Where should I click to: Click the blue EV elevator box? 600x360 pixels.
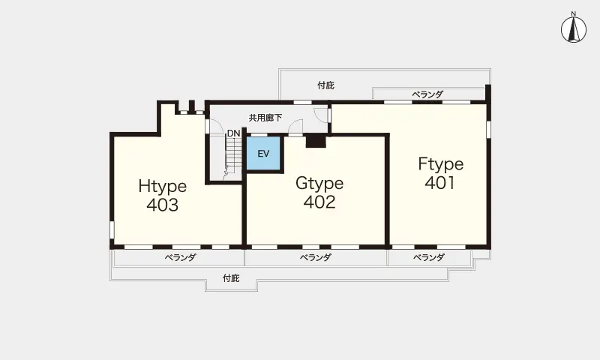[x=264, y=154]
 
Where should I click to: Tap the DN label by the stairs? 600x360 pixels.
[x=233, y=133]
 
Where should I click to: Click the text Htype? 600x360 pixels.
[x=163, y=186]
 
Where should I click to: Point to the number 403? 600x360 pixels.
[x=163, y=205]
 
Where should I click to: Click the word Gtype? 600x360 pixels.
[x=319, y=183]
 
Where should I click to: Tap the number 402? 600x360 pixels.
[x=319, y=202]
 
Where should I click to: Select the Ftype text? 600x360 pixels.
[x=441, y=164]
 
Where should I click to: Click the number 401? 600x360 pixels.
[x=440, y=183]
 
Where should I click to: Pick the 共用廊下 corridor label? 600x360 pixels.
[x=265, y=118]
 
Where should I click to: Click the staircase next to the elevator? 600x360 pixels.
[x=233, y=157]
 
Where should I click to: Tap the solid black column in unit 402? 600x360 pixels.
[x=316, y=141]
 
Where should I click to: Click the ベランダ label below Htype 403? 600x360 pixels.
[x=180, y=257]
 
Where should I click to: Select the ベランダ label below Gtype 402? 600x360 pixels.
[x=315, y=257]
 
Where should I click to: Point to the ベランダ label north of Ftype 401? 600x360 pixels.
[x=427, y=94]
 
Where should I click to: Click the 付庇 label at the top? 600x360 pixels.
[x=326, y=85]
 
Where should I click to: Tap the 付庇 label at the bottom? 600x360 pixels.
[x=231, y=278]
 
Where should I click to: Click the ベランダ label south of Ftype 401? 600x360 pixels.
[x=428, y=257]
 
